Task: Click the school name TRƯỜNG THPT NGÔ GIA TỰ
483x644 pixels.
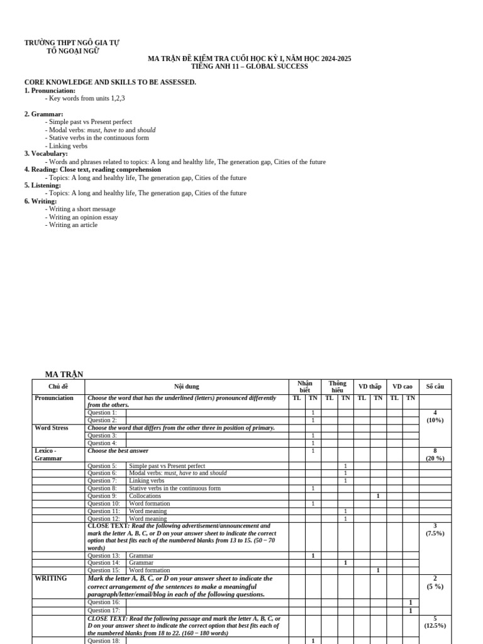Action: coord(72,43)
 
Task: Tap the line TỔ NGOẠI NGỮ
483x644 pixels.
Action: coord(73,51)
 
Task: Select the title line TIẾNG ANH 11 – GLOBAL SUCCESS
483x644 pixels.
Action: coord(249,67)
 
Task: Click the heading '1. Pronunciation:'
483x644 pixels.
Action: coord(50,91)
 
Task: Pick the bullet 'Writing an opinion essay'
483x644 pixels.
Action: coord(83,217)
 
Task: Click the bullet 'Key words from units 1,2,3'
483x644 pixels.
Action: coord(87,98)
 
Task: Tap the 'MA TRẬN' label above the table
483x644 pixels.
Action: coord(64,375)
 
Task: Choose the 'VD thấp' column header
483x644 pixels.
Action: coord(370,387)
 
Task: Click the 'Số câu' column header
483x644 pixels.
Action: coord(435,387)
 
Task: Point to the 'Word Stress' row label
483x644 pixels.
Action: coord(52,428)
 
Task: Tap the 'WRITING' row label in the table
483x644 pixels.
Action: coord(51,579)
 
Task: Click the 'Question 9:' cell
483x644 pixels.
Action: coord(103,496)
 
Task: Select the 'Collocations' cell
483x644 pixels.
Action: coord(145,496)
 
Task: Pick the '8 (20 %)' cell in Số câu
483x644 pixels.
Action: coord(435,455)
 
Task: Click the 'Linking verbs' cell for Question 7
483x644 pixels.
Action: coord(147,481)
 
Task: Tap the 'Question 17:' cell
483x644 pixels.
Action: coord(104,610)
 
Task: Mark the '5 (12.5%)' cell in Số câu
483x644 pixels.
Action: coord(435,622)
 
